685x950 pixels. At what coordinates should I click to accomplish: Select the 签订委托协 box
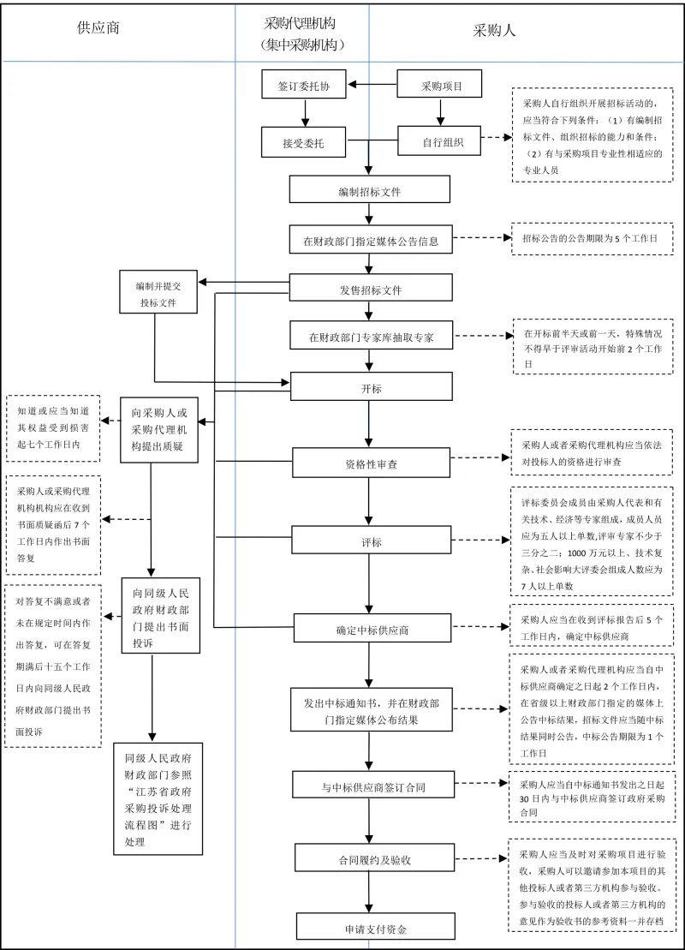(x=303, y=86)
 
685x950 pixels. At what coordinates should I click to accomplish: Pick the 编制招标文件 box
(x=369, y=191)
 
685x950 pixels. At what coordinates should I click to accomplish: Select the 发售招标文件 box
(x=369, y=290)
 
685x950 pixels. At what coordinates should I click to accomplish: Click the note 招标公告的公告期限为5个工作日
(x=590, y=240)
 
